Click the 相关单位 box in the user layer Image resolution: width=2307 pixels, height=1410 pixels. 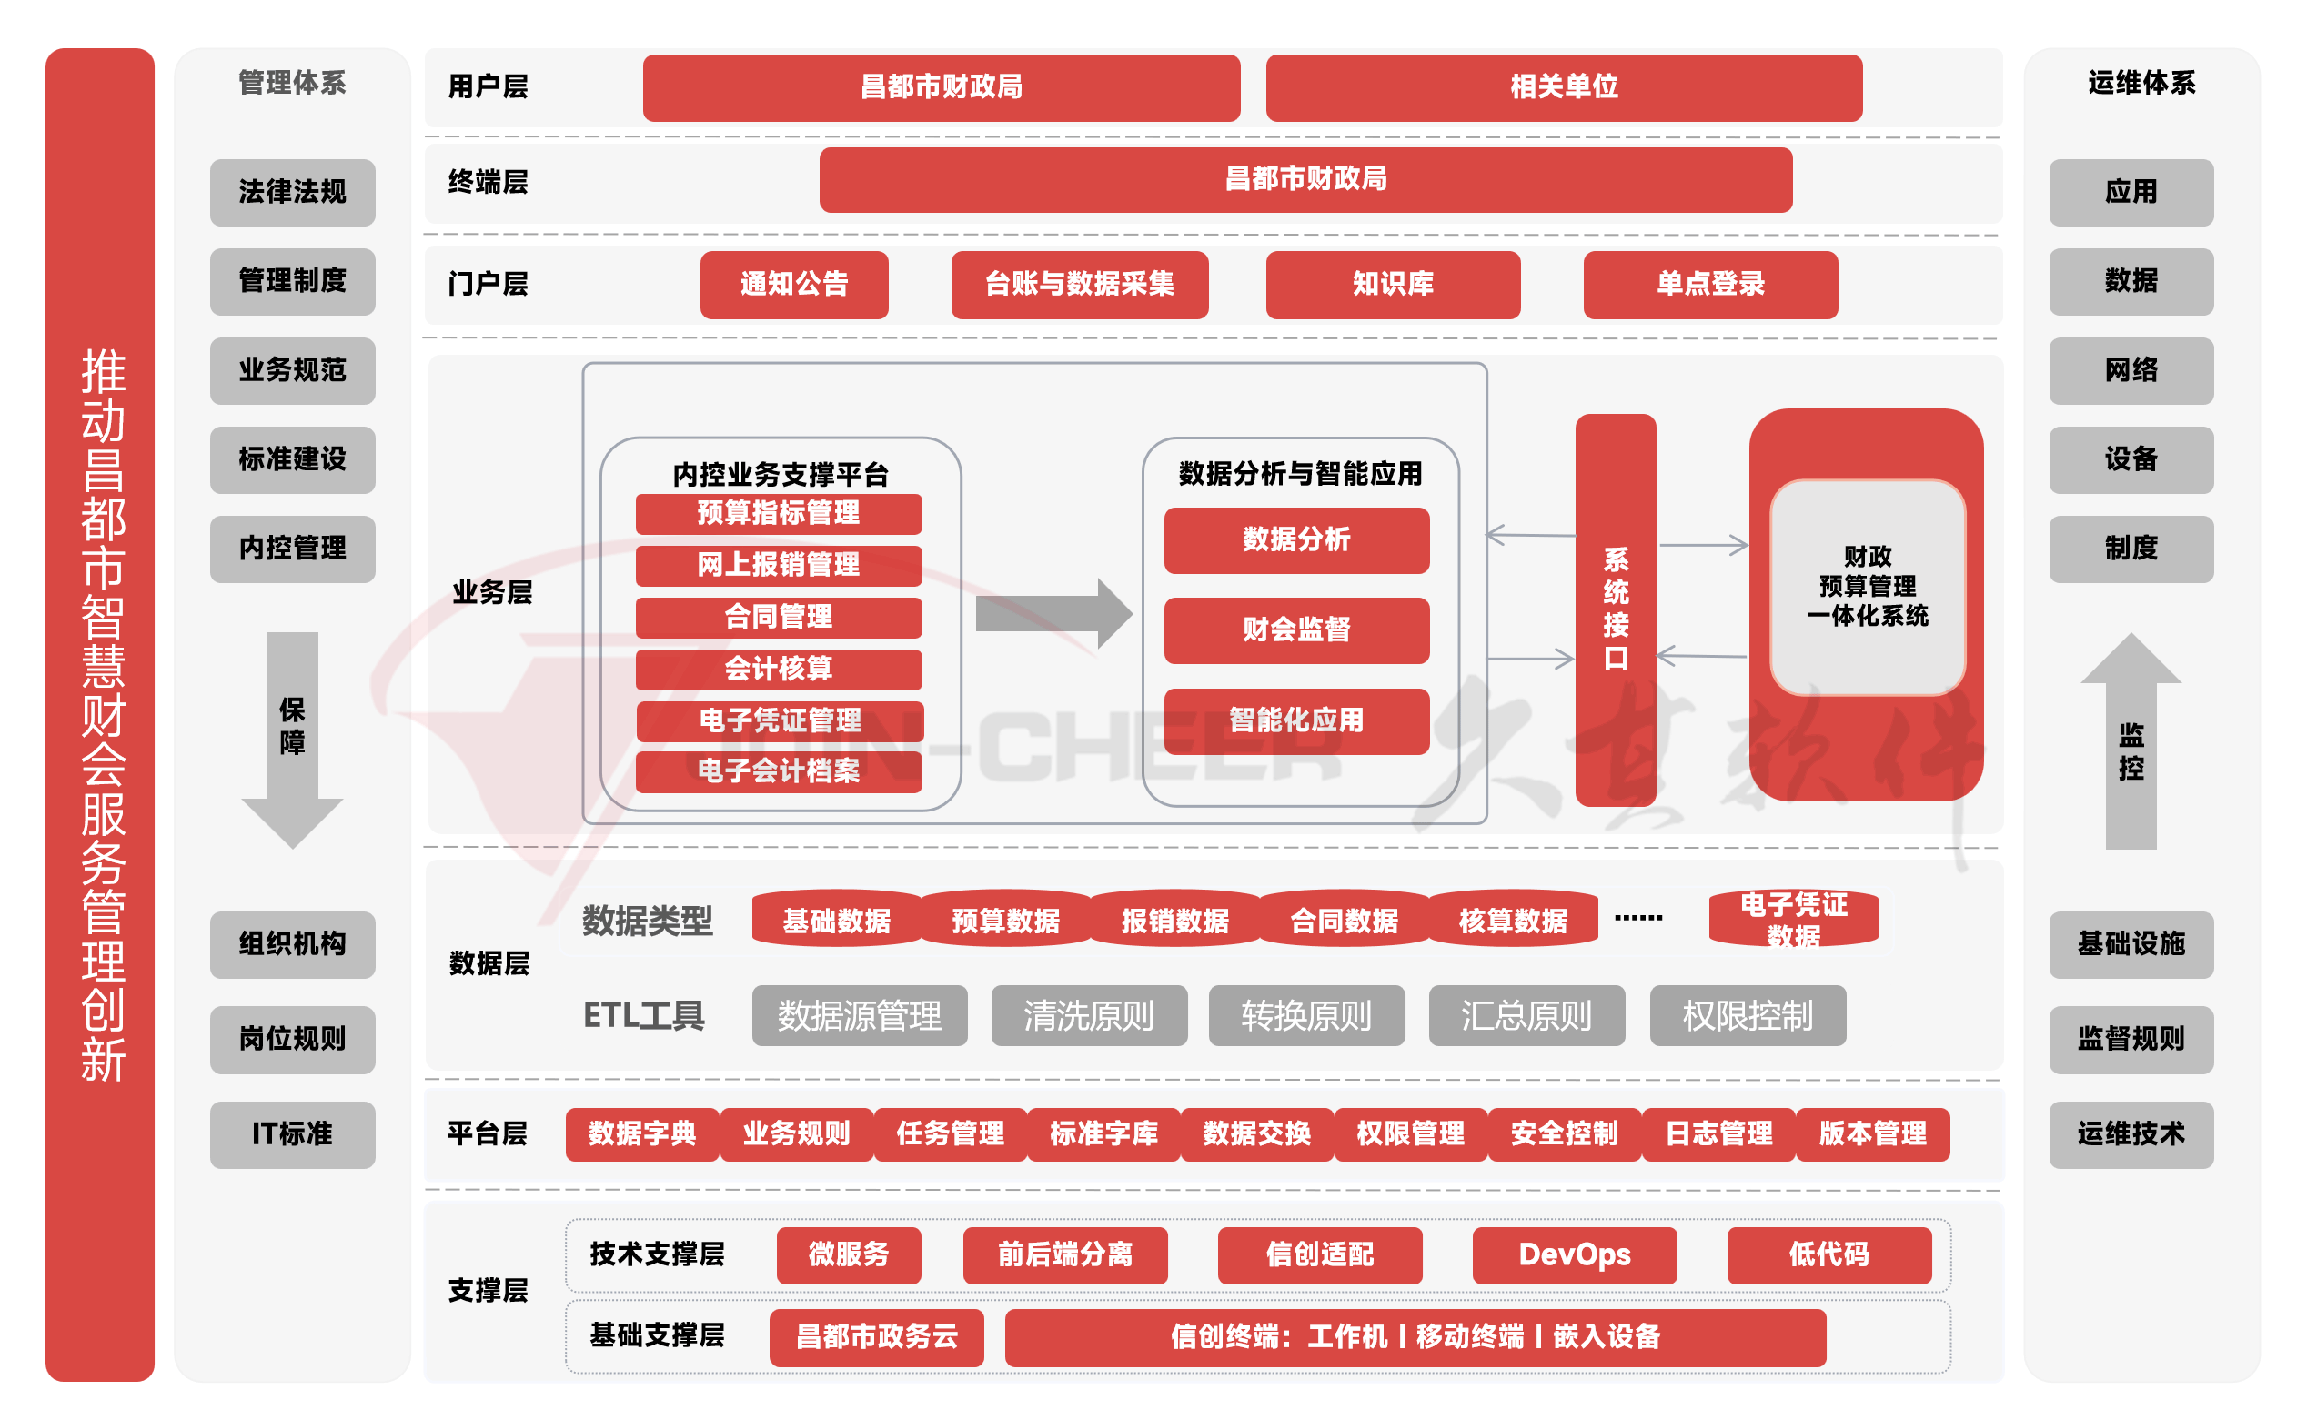tap(1564, 87)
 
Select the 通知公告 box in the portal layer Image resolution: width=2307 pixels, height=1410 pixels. tap(794, 284)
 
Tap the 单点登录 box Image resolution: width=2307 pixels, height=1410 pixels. tap(1709, 284)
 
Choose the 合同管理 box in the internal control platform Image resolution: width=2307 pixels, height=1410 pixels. tap(778, 617)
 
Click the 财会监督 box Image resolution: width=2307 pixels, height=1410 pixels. tap(1295, 630)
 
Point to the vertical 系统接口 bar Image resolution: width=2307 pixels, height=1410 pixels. tap(1615, 609)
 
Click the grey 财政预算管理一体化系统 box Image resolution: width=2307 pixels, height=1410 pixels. tap(1867, 587)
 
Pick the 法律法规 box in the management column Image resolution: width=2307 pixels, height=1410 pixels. tap(292, 192)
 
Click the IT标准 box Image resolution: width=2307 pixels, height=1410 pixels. tap(292, 1133)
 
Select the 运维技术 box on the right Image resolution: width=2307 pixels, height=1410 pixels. tap(2131, 1133)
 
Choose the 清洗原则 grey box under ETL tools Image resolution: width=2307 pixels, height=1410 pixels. tap(1089, 1016)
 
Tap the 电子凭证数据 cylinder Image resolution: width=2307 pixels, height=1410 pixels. tap(1793, 920)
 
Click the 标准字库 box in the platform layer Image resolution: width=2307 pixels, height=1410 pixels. tap(1103, 1133)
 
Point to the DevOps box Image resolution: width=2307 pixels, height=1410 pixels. tap(1574, 1254)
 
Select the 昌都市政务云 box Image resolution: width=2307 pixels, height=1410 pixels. tap(876, 1337)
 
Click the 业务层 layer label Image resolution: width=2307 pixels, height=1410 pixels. tap(491, 592)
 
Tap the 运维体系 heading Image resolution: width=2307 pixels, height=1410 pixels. tap(2141, 84)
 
